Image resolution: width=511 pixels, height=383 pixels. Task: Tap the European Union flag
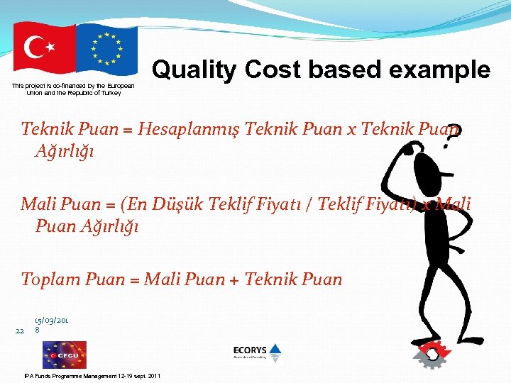tap(106, 50)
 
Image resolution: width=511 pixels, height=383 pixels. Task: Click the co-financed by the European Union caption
tap(73, 89)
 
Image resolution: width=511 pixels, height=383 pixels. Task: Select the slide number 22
tap(19, 331)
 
